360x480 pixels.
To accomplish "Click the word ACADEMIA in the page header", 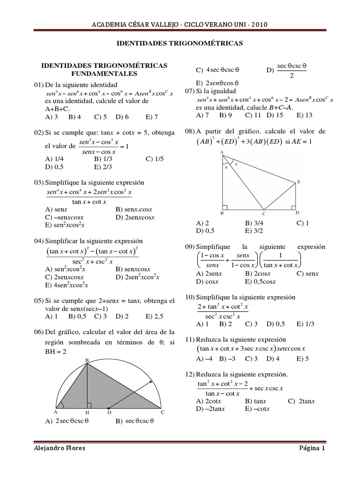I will tap(107, 25).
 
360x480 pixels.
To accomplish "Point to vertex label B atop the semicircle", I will tap(86, 360).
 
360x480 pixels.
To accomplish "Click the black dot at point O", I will tap(108, 408).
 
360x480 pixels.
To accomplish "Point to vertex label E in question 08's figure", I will tap(299, 181).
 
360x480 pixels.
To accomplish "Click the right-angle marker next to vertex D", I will tap(293, 206).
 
